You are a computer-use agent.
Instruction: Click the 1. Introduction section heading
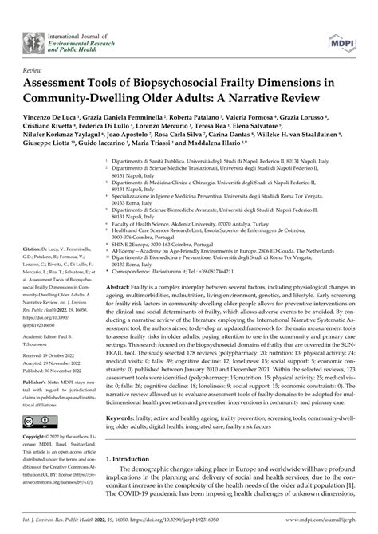coord(137,460)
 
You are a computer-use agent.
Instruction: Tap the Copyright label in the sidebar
coord(36,438)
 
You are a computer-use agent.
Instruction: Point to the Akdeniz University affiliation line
coord(183,225)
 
